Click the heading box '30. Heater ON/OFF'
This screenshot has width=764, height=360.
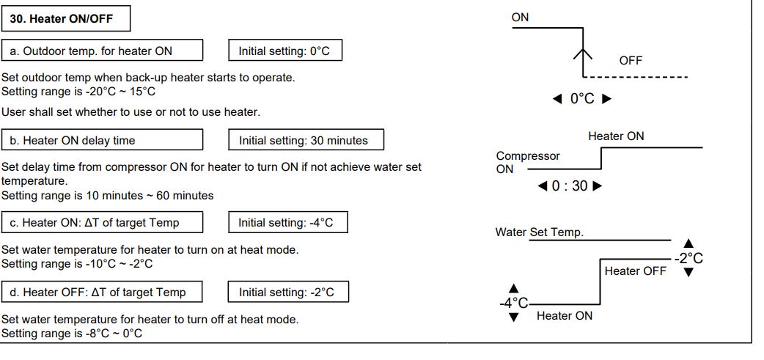[x=67, y=19]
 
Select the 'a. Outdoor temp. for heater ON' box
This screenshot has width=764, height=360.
[x=102, y=51]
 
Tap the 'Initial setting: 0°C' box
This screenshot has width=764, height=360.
[x=285, y=51]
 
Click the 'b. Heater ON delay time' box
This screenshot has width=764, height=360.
[x=102, y=140]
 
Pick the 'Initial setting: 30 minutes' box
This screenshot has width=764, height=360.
[x=306, y=140]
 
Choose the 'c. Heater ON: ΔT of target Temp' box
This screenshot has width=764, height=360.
[x=102, y=222]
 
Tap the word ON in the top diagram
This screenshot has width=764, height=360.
[x=520, y=18]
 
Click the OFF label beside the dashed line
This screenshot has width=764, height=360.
[x=631, y=61]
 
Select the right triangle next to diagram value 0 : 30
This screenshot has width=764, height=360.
[x=597, y=186]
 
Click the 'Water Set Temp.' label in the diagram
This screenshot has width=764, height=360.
[x=540, y=232]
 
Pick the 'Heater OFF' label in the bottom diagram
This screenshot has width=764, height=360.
[x=635, y=271]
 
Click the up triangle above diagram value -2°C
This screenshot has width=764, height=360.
[x=688, y=243]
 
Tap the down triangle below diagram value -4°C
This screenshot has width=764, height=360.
[x=513, y=317]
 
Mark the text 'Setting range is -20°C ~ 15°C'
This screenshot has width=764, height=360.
[x=78, y=92]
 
